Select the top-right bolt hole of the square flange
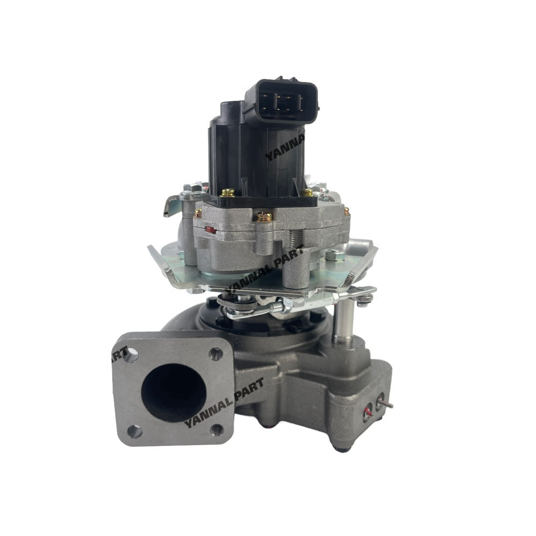(x=215, y=354)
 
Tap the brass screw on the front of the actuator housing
(x=264, y=216)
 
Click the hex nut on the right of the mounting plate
(x=331, y=255)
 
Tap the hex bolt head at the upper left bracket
(x=191, y=189)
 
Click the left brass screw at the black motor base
(x=228, y=192)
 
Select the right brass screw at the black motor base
(x=307, y=191)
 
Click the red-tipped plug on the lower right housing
(x=368, y=413)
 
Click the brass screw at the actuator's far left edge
(x=198, y=213)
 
